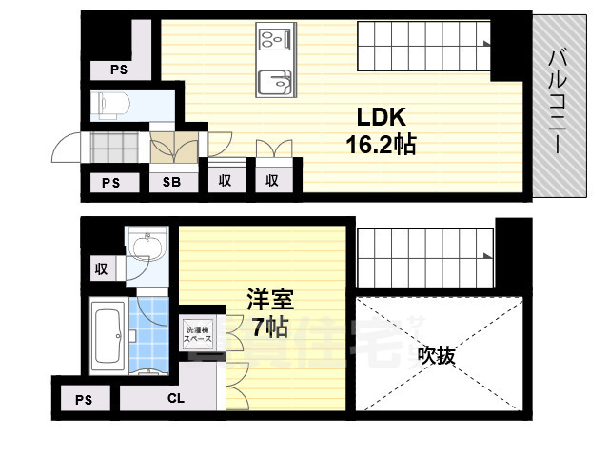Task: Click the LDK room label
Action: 382,118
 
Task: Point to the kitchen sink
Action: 275,81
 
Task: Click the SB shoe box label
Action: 172,182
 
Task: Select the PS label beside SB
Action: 110,182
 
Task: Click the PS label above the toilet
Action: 118,69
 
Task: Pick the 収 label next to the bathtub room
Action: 102,268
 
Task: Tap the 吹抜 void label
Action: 439,356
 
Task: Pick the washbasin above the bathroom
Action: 145,249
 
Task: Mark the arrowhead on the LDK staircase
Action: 487,44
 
